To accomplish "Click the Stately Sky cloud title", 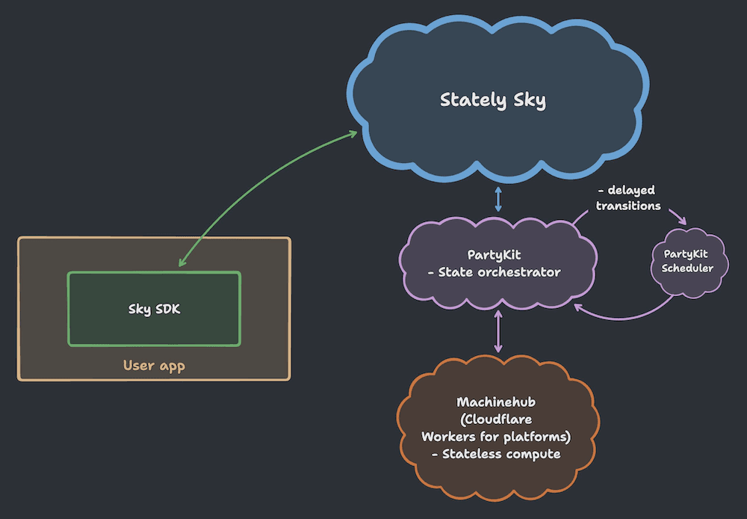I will (492, 100).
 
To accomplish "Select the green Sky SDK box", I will (154, 309).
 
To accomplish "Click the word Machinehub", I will (496, 402).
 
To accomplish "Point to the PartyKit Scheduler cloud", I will (687, 261).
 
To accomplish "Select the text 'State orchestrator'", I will (500, 272).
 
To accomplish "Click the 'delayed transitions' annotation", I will (628, 198).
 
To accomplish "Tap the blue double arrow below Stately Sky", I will (498, 200).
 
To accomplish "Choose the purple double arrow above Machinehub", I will (498, 334).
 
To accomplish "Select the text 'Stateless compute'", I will (501, 454).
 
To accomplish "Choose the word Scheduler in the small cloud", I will (687, 268).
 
